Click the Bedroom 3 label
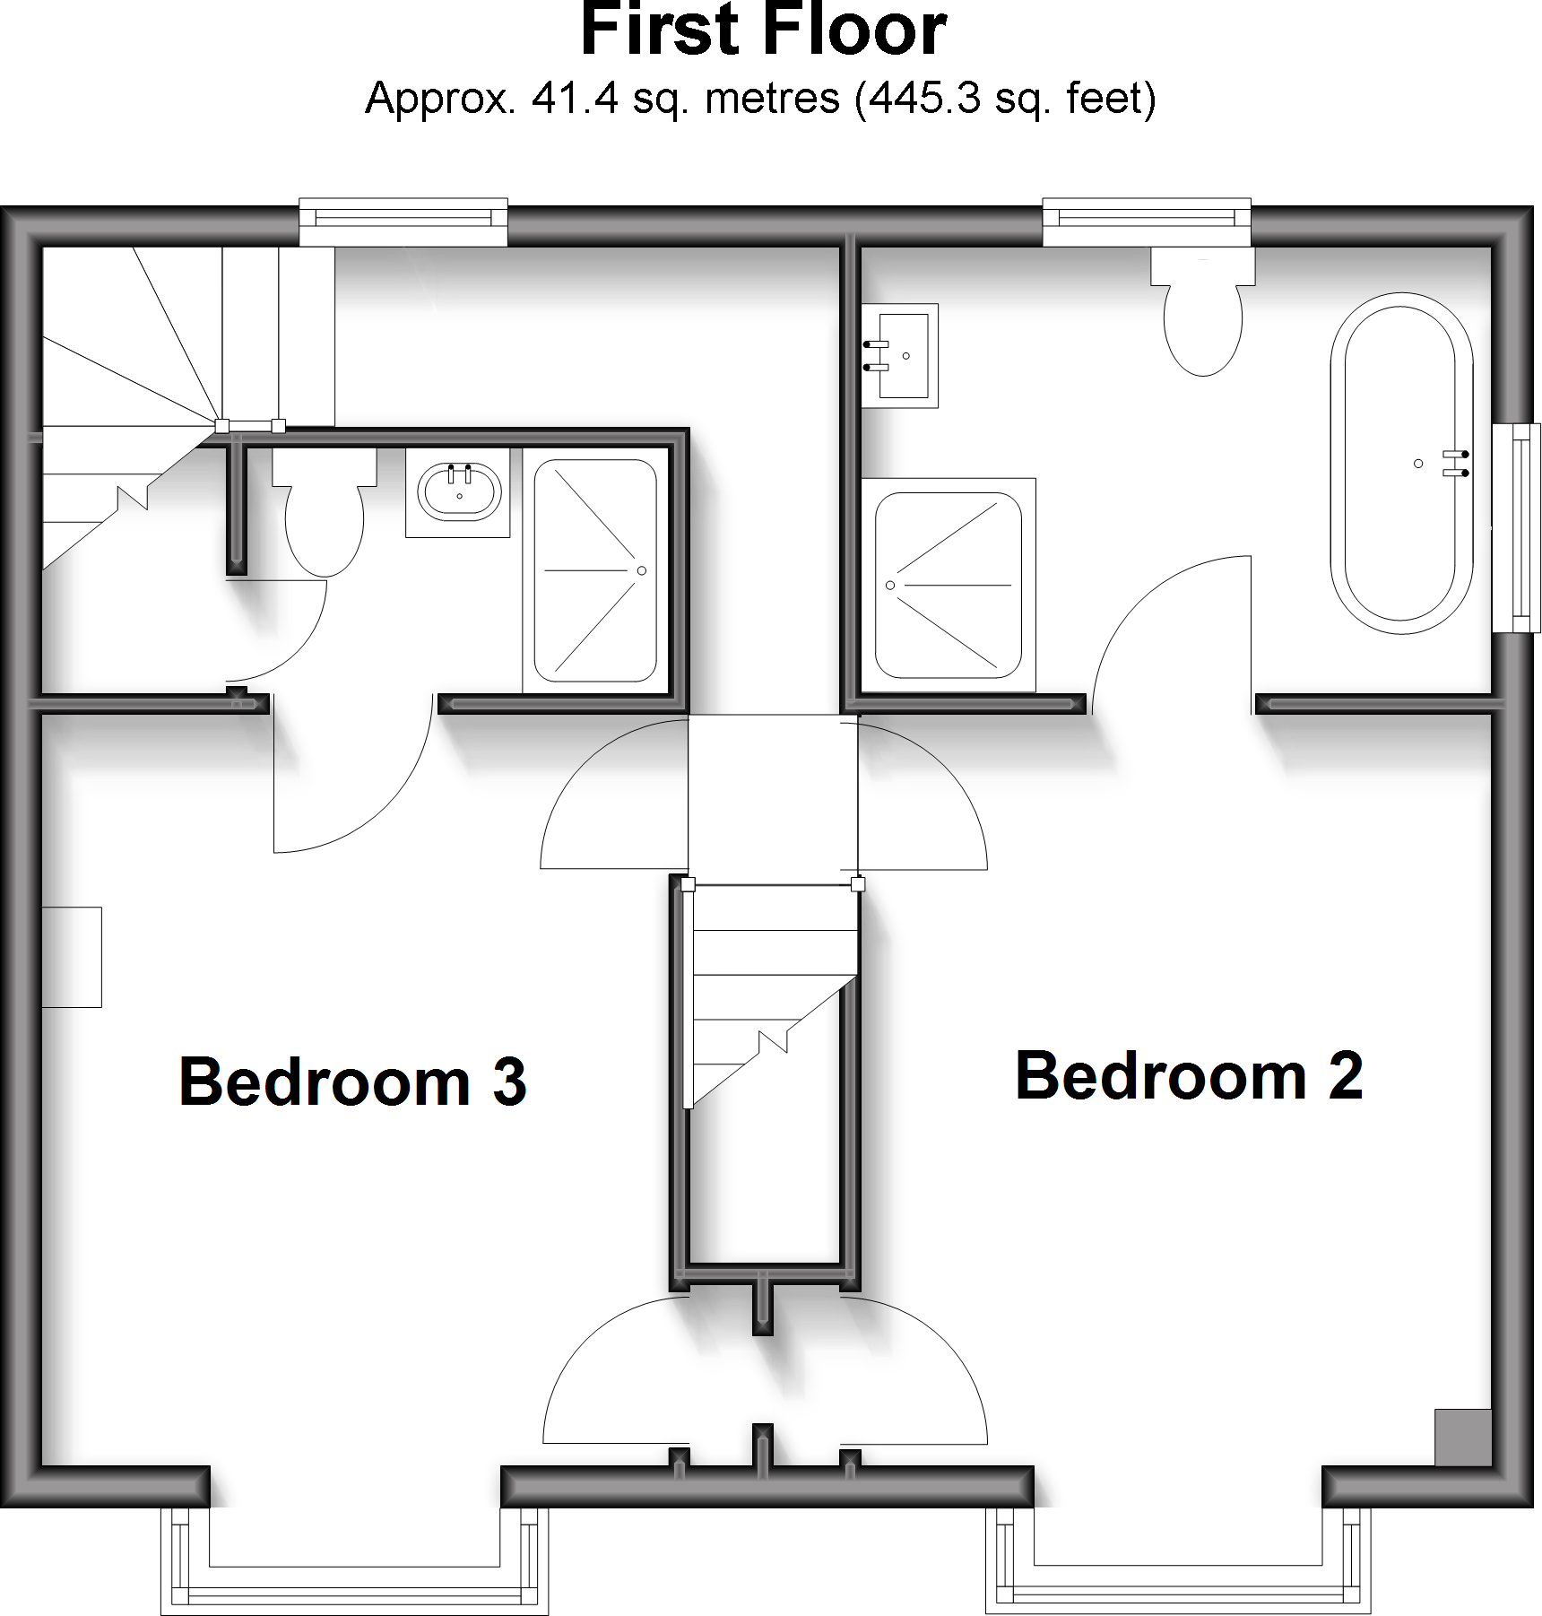(352, 1082)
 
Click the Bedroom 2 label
(1189, 1075)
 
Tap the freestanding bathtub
(1400, 463)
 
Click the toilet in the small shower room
(324, 513)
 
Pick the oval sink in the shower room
(458, 491)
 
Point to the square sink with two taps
(901, 356)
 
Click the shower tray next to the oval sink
(595, 570)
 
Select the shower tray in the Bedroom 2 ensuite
(948, 585)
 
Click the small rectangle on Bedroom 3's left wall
(72, 957)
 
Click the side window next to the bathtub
(1519, 528)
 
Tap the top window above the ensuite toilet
(1147, 222)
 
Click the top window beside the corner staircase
(403, 222)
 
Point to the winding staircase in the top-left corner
(134, 395)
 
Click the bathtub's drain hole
(1418, 464)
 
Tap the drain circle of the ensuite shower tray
(890, 586)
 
